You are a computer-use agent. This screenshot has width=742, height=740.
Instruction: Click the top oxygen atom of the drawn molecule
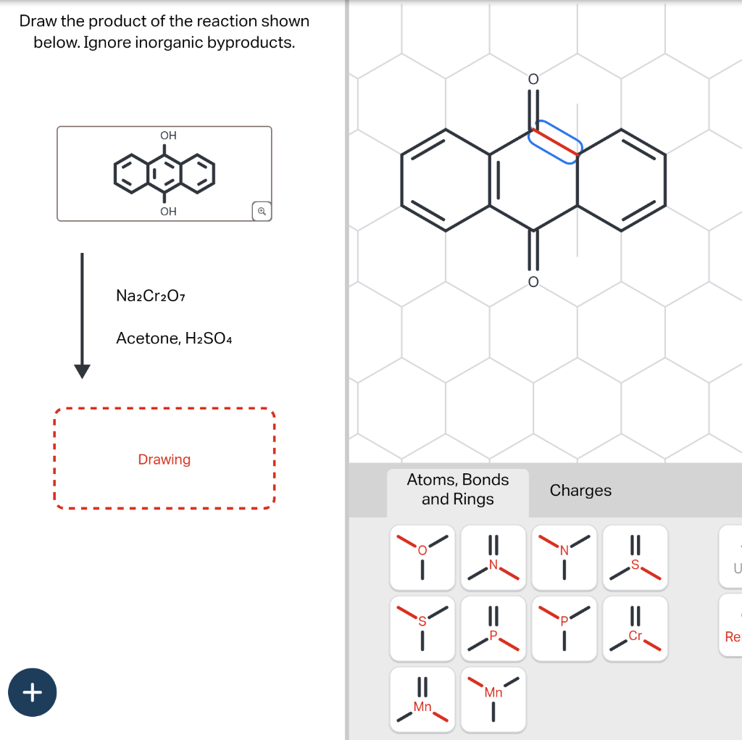tap(533, 78)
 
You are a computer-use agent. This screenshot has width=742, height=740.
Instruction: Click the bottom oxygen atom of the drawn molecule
tap(533, 281)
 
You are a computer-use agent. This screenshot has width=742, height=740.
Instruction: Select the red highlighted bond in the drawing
tap(555, 142)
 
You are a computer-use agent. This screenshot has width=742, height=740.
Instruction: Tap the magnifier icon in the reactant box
tap(262, 211)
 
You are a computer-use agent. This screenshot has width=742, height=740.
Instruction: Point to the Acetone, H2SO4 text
tap(174, 338)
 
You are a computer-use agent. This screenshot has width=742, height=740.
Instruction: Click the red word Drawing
tap(164, 460)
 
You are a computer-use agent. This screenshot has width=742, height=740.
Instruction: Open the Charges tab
tap(580, 491)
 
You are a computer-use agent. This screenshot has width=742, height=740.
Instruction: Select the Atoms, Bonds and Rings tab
tap(458, 489)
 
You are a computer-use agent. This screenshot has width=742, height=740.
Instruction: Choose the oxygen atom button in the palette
tap(422, 557)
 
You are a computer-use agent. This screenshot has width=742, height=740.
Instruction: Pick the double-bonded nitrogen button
tap(493, 557)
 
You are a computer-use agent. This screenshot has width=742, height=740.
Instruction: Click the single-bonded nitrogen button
tap(564, 557)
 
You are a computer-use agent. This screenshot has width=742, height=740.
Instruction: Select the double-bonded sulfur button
tap(635, 557)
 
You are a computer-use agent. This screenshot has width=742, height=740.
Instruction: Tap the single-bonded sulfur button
tap(422, 628)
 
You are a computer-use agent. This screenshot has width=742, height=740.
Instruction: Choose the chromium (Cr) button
tap(635, 628)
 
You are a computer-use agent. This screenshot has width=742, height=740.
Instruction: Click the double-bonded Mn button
tap(422, 699)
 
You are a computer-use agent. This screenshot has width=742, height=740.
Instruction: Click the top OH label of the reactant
tap(168, 136)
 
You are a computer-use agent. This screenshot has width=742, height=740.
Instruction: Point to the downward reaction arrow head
tap(83, 370)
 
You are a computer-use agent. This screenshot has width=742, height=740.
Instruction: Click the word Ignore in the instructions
tap(107, 42)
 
